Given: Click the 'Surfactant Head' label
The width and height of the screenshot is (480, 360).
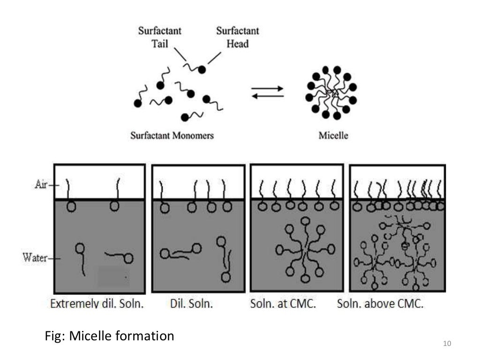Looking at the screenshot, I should point(237,37).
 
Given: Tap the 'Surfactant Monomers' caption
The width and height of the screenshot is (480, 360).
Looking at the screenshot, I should point(172,135).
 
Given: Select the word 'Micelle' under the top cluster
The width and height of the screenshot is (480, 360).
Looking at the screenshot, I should point(333,135).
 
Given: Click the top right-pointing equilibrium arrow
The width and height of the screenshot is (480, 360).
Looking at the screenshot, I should point(268,88).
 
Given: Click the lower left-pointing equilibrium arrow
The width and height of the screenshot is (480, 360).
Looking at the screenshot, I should point(268,96).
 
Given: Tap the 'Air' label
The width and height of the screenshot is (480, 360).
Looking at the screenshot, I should point(42,185).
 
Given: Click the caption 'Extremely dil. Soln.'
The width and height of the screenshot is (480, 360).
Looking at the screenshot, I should point(97,303).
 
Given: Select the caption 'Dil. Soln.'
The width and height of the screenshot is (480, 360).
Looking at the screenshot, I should point(191,303).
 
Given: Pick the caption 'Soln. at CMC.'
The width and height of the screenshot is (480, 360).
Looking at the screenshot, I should point(283,303).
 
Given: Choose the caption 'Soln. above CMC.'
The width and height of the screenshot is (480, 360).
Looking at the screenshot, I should point(380,303).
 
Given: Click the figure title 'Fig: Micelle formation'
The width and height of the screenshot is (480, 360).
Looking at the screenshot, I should point(109,336).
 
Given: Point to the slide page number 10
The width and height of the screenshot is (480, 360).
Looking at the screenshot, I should point(446,345).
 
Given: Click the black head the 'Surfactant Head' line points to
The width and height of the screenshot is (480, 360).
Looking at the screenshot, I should point(202,69).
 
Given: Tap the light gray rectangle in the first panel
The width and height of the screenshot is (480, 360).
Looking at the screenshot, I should point(113,277).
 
